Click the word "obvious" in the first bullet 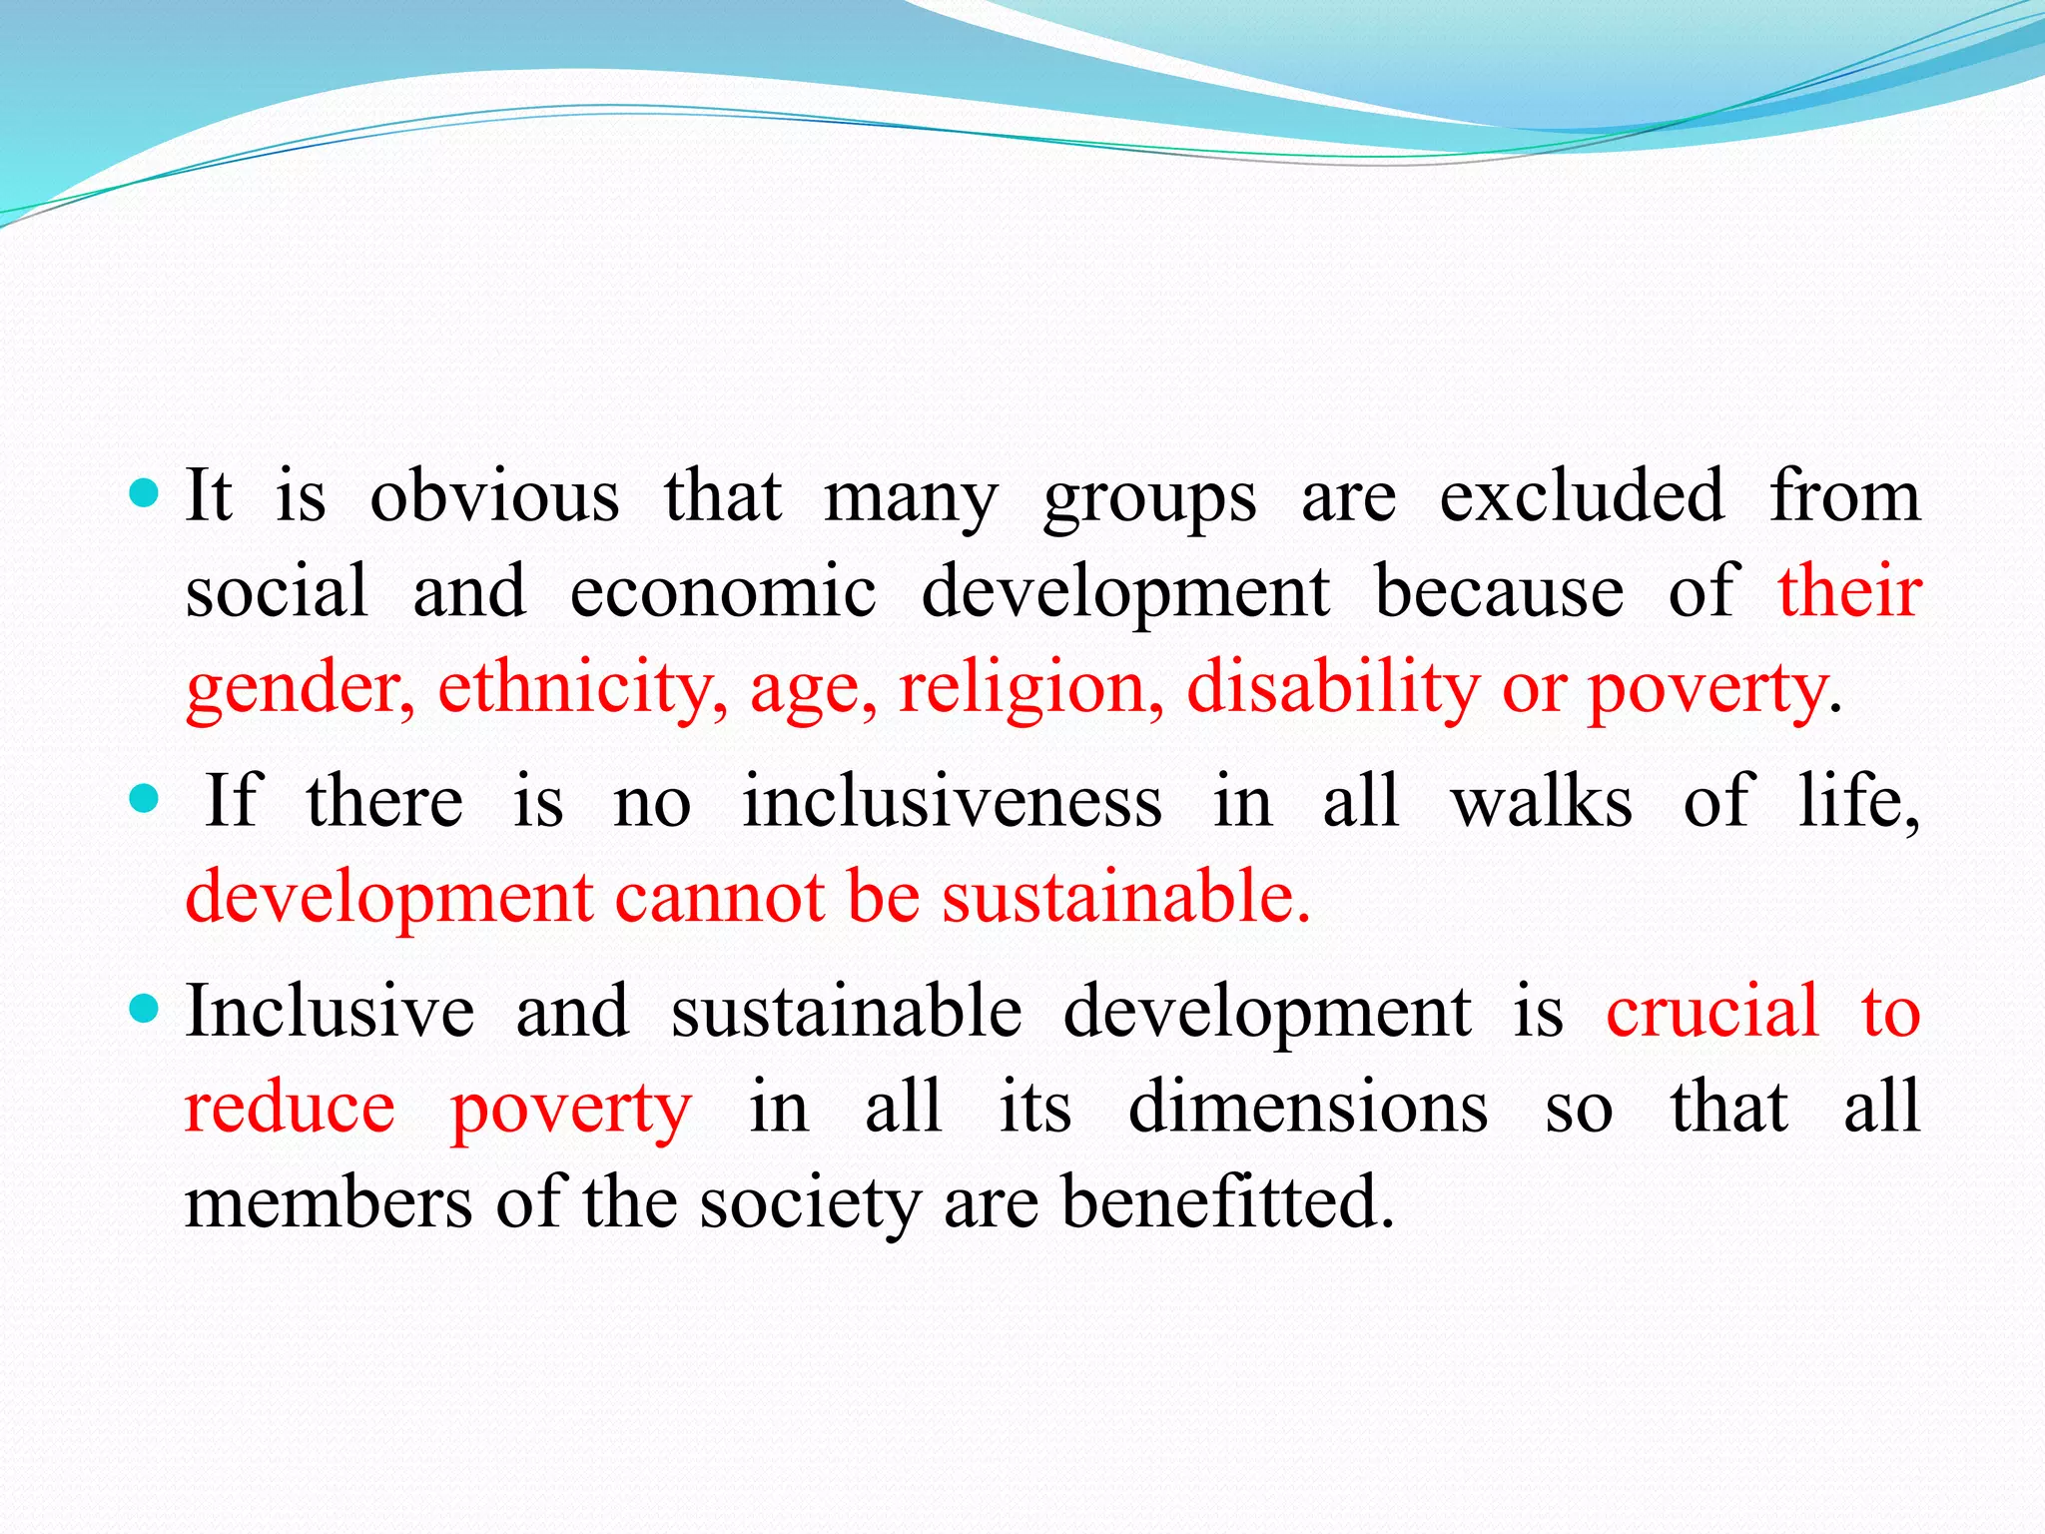[x=494, y=495]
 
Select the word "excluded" [x=1582, y=495]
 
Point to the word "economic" [x=723, y=591]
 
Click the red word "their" [x=1849, y=591]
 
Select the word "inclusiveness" [x=952, y=801]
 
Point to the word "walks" [x=1542, y=801]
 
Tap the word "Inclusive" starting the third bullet [x=330, y=1011]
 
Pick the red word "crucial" [x=1712, y=1011]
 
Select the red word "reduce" [x=291, y=1107]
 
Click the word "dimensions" [x=1308, y=1107]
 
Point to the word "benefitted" [x=1226, y=1201]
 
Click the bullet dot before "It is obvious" [x=145, y=493]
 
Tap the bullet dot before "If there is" [x=145, y=799]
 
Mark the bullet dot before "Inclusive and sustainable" [x=145, y=1010]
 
